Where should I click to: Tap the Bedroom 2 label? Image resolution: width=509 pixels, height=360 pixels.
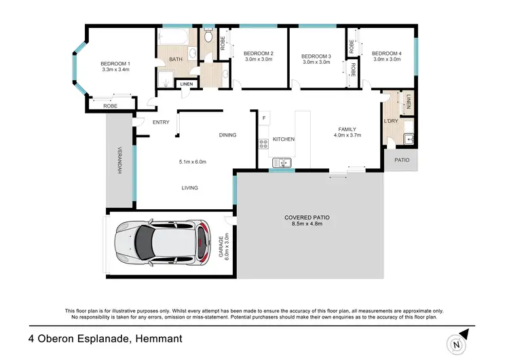tap(258, 54)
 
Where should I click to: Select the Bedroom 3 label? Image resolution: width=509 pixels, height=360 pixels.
tap(316, 56)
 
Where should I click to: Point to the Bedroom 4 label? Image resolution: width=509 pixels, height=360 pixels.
tap(386, 54)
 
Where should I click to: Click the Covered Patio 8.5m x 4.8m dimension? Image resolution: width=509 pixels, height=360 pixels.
tap(309, 224)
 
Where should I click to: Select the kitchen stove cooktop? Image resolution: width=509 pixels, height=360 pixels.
tap(263, 143)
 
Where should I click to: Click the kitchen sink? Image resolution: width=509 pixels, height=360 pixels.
tap(281, 162)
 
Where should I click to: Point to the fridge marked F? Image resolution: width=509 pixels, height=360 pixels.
tap(264, 118)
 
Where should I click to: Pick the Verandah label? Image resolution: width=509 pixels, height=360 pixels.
tap(119, 160)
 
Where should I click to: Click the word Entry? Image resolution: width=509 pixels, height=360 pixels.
tap(161, 122)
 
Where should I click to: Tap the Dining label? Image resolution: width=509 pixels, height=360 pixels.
tap(227, 134)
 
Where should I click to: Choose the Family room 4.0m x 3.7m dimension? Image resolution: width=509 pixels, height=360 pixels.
tap(347, 135)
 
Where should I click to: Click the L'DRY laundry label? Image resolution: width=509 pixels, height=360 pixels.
tap(390, 121)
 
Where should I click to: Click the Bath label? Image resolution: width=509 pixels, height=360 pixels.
tap(176, 59)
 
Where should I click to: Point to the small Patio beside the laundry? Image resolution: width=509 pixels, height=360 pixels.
tap(401, 160)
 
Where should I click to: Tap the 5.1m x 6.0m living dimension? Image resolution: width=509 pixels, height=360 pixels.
tap(192, 162)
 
